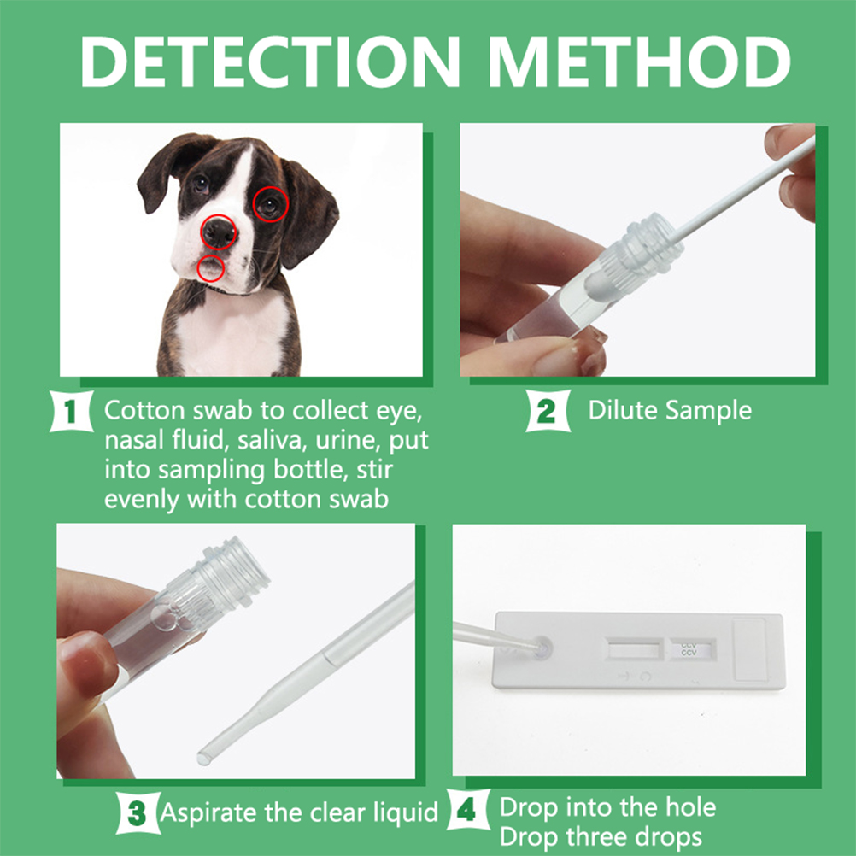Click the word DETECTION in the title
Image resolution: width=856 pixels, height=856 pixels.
coord(270,62)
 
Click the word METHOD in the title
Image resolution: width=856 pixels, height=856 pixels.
coord(639,62)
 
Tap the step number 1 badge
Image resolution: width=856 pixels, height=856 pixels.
coord(71,411)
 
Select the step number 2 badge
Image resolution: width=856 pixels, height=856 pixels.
coord(548,411)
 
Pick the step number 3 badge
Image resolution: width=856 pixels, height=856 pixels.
coord(138,813)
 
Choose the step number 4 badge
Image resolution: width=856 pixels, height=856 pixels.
coord(467,810)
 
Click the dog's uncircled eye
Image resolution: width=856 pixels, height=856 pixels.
coord(201,184)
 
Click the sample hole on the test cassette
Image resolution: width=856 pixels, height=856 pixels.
coord(541,648)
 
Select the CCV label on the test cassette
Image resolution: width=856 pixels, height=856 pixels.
coord(689,649)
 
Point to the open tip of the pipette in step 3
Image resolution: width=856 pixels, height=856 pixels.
coord(204,758)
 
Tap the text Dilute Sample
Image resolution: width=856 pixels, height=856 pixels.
coord(670,411)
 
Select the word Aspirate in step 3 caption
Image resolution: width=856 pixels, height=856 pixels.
coord(208,813)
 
